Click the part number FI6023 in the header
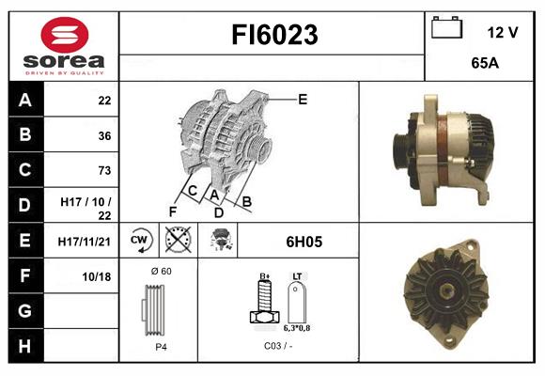[274, 36]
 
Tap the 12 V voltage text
[503, 32]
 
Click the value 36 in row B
[103, 135]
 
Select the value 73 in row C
[103, 170]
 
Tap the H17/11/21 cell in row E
[86, 242]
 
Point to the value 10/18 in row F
[98, 276]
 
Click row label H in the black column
[25, 345]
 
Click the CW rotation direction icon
[140, 241]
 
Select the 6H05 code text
[303, 242]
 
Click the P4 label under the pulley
[160, 347]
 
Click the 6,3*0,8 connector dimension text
[298, 329]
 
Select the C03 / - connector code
[277, 347]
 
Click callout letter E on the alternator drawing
[303, 99]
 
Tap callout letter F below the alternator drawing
[172, 211]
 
